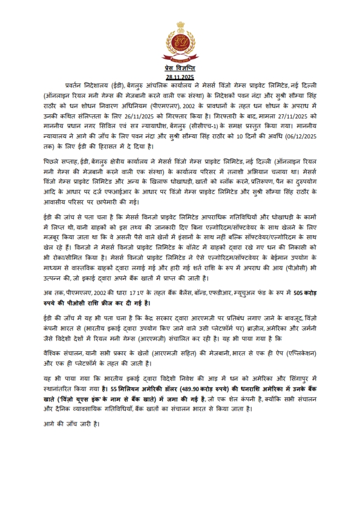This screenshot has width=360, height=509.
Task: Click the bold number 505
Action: [x=299, y=292]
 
